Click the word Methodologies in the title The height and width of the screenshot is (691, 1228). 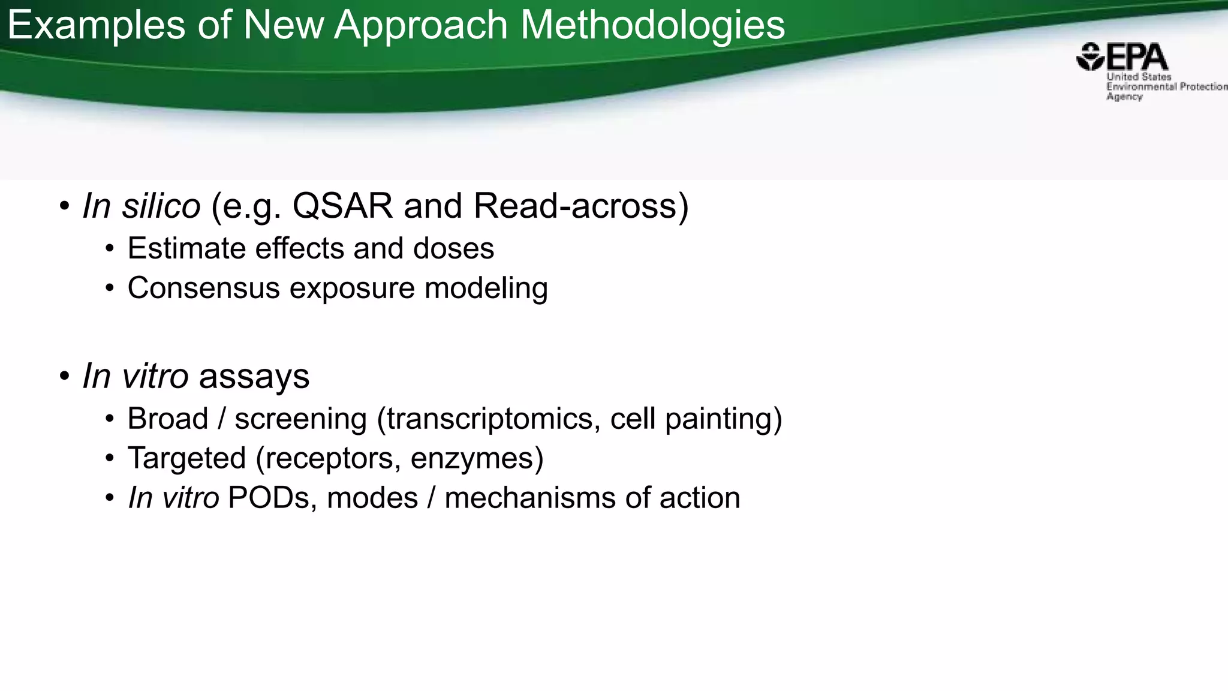coord(652,25)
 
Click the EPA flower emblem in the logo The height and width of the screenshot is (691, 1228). coord(1090,57)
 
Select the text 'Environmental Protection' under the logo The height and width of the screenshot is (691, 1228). coord(1166,86)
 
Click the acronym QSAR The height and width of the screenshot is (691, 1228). coord(342,206)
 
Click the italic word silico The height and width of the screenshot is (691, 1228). coord(161,206)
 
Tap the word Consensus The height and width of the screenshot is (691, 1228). coord(204,288)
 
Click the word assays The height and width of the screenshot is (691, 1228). coord(254,377)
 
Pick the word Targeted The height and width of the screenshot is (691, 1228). coord(186,458)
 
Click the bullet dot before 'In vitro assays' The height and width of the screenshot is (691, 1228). coord(64,377)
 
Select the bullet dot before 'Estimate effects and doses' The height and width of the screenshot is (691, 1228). coord(109,248)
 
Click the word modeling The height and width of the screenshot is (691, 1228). coord(486,288)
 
